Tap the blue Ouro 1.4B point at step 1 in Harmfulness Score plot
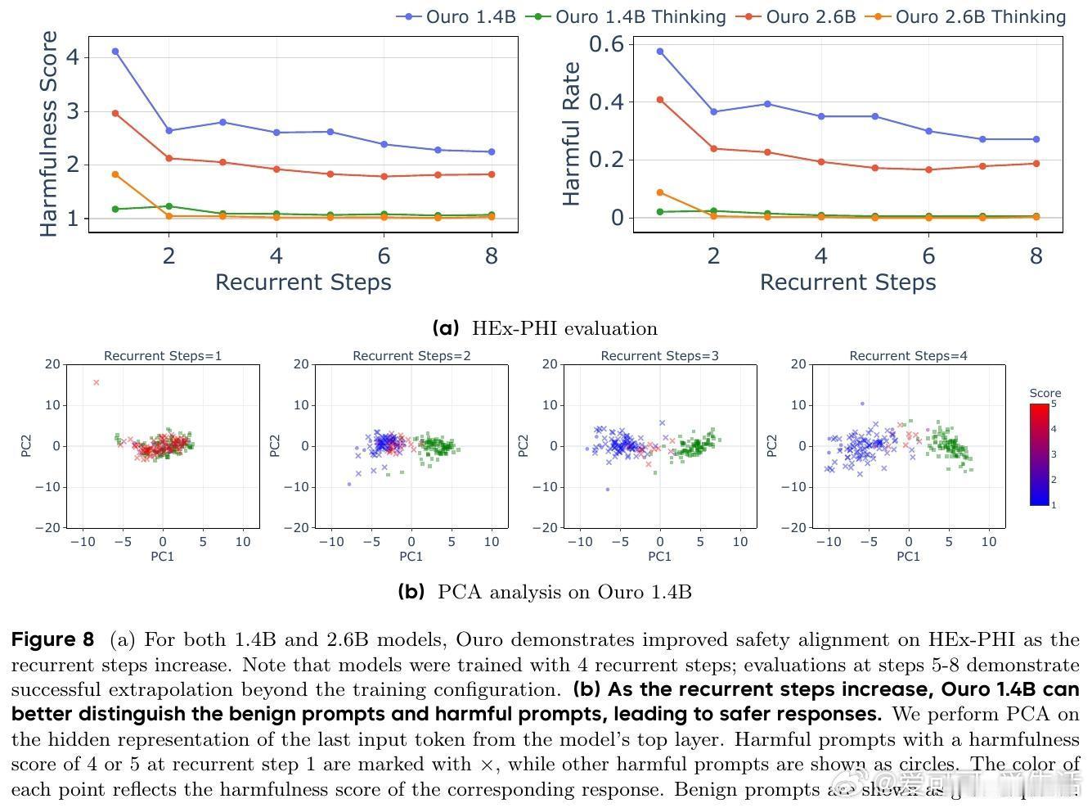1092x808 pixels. tap(115, 52)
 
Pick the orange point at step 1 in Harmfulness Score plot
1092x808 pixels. tap(115, 174)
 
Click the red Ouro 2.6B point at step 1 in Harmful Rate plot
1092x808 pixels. tap(660, 100)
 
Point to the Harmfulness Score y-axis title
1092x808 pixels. tap(50, 134)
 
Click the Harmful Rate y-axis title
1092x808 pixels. tap(571, 134)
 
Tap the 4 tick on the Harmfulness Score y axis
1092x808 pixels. tap(73, 57)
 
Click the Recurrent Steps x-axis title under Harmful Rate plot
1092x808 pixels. tap(847, 282)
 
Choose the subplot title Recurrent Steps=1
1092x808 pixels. tap(163, 356)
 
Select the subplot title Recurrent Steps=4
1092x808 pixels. tap(908, 356)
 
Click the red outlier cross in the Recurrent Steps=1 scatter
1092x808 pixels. tap(97, 382)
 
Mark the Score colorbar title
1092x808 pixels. tap(1045, 393)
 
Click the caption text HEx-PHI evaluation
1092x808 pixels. tap(564, 329)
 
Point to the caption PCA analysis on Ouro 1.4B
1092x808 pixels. tap(564, 592)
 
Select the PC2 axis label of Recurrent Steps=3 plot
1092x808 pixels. tap(524, 446)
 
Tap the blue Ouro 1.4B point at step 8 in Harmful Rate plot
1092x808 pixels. tap(1036, 139)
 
